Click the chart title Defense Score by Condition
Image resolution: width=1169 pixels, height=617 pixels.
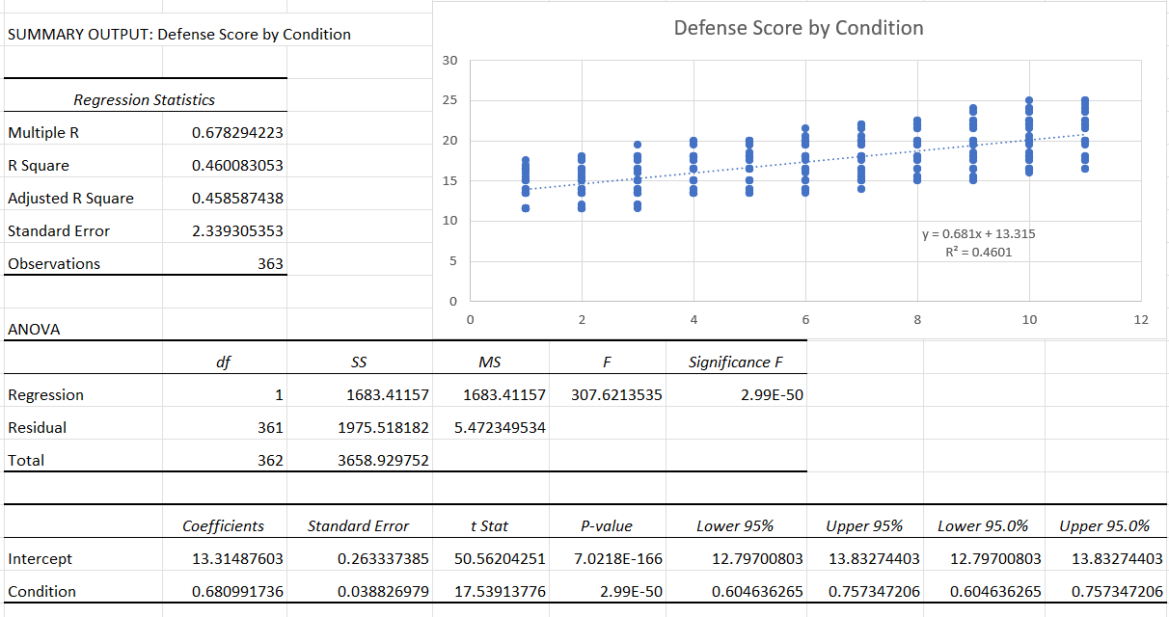tap(799, 28)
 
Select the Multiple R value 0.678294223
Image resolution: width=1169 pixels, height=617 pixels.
tap(237, 133)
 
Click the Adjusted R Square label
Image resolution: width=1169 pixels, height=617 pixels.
tap(70, 199)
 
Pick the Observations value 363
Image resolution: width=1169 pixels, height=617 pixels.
tap(270, 264)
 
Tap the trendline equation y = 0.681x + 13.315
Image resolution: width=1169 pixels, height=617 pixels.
tap(979, 234)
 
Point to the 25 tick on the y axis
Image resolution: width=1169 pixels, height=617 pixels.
tap(450, 100)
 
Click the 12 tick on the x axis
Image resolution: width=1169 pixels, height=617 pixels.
tap(1141, 320)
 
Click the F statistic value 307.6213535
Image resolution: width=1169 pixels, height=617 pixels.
tap(616, 395)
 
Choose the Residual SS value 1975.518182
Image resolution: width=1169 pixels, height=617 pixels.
tap(383, 428)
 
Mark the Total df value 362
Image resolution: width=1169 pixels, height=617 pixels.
tap(270, 461)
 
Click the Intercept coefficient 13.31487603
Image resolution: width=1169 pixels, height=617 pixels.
tap(237, 559)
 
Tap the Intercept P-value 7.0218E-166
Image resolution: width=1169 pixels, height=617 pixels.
tap(617, 559)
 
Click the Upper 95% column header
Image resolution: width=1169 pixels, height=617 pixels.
tap(864, 526)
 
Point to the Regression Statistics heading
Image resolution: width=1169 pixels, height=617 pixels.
tap(145, 100)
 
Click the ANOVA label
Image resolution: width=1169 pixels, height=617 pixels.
tap(34, 330)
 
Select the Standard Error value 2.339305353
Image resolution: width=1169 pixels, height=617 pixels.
tap(237, 231)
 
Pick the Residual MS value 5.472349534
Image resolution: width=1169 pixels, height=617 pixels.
tap(500, 428)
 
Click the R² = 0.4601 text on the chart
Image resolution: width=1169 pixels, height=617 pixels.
tap(979, 253)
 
